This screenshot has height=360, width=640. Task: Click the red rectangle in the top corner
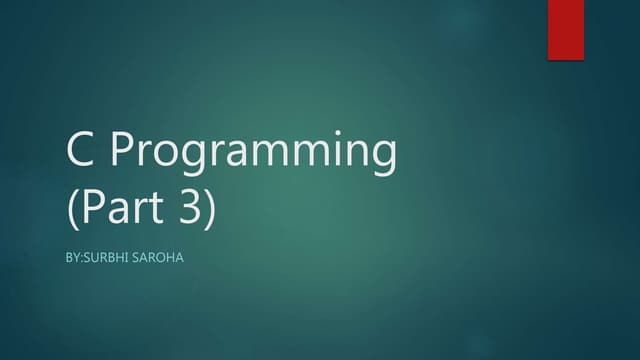[x=565, y=30]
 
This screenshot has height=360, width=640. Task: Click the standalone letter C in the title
[x=82, y=153]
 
